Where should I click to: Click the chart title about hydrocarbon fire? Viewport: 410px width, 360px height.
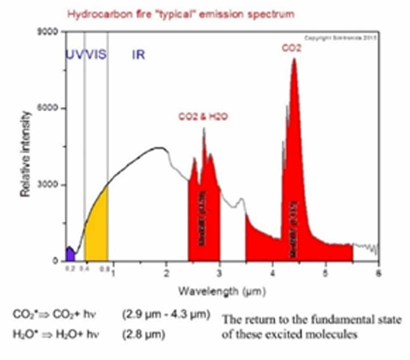pyautogui.click(x=180, y=14)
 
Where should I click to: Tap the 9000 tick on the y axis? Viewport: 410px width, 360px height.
pyautogui.click(x=48, y=32)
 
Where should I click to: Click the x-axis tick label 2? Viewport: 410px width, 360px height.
pyautogui.click(x=166, y=273)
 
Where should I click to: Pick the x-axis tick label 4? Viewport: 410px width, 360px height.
pyautogui.click(x=272, y=273)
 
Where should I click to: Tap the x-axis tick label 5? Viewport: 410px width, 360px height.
pyautogui.click(x=325, y=273)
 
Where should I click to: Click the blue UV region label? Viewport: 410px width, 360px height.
pyautogui.click(x=74, y=55)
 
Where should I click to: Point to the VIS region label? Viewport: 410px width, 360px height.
pyautogui.click(x=95, y=55)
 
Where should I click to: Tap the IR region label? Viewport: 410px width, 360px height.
pyautogui.click(x=138, y=55)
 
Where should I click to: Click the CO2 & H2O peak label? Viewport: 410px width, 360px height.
pyautogui.click(x=203, y=117)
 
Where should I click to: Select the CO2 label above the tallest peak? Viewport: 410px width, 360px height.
pyautogui.click(x=292, y=48)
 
